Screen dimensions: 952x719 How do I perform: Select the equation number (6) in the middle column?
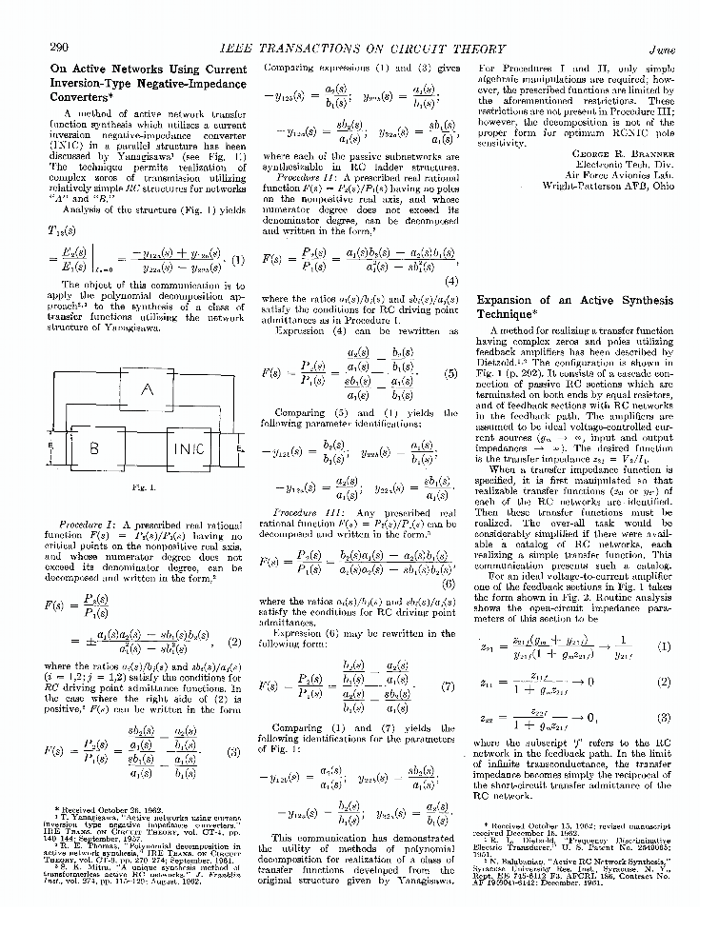449,582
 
